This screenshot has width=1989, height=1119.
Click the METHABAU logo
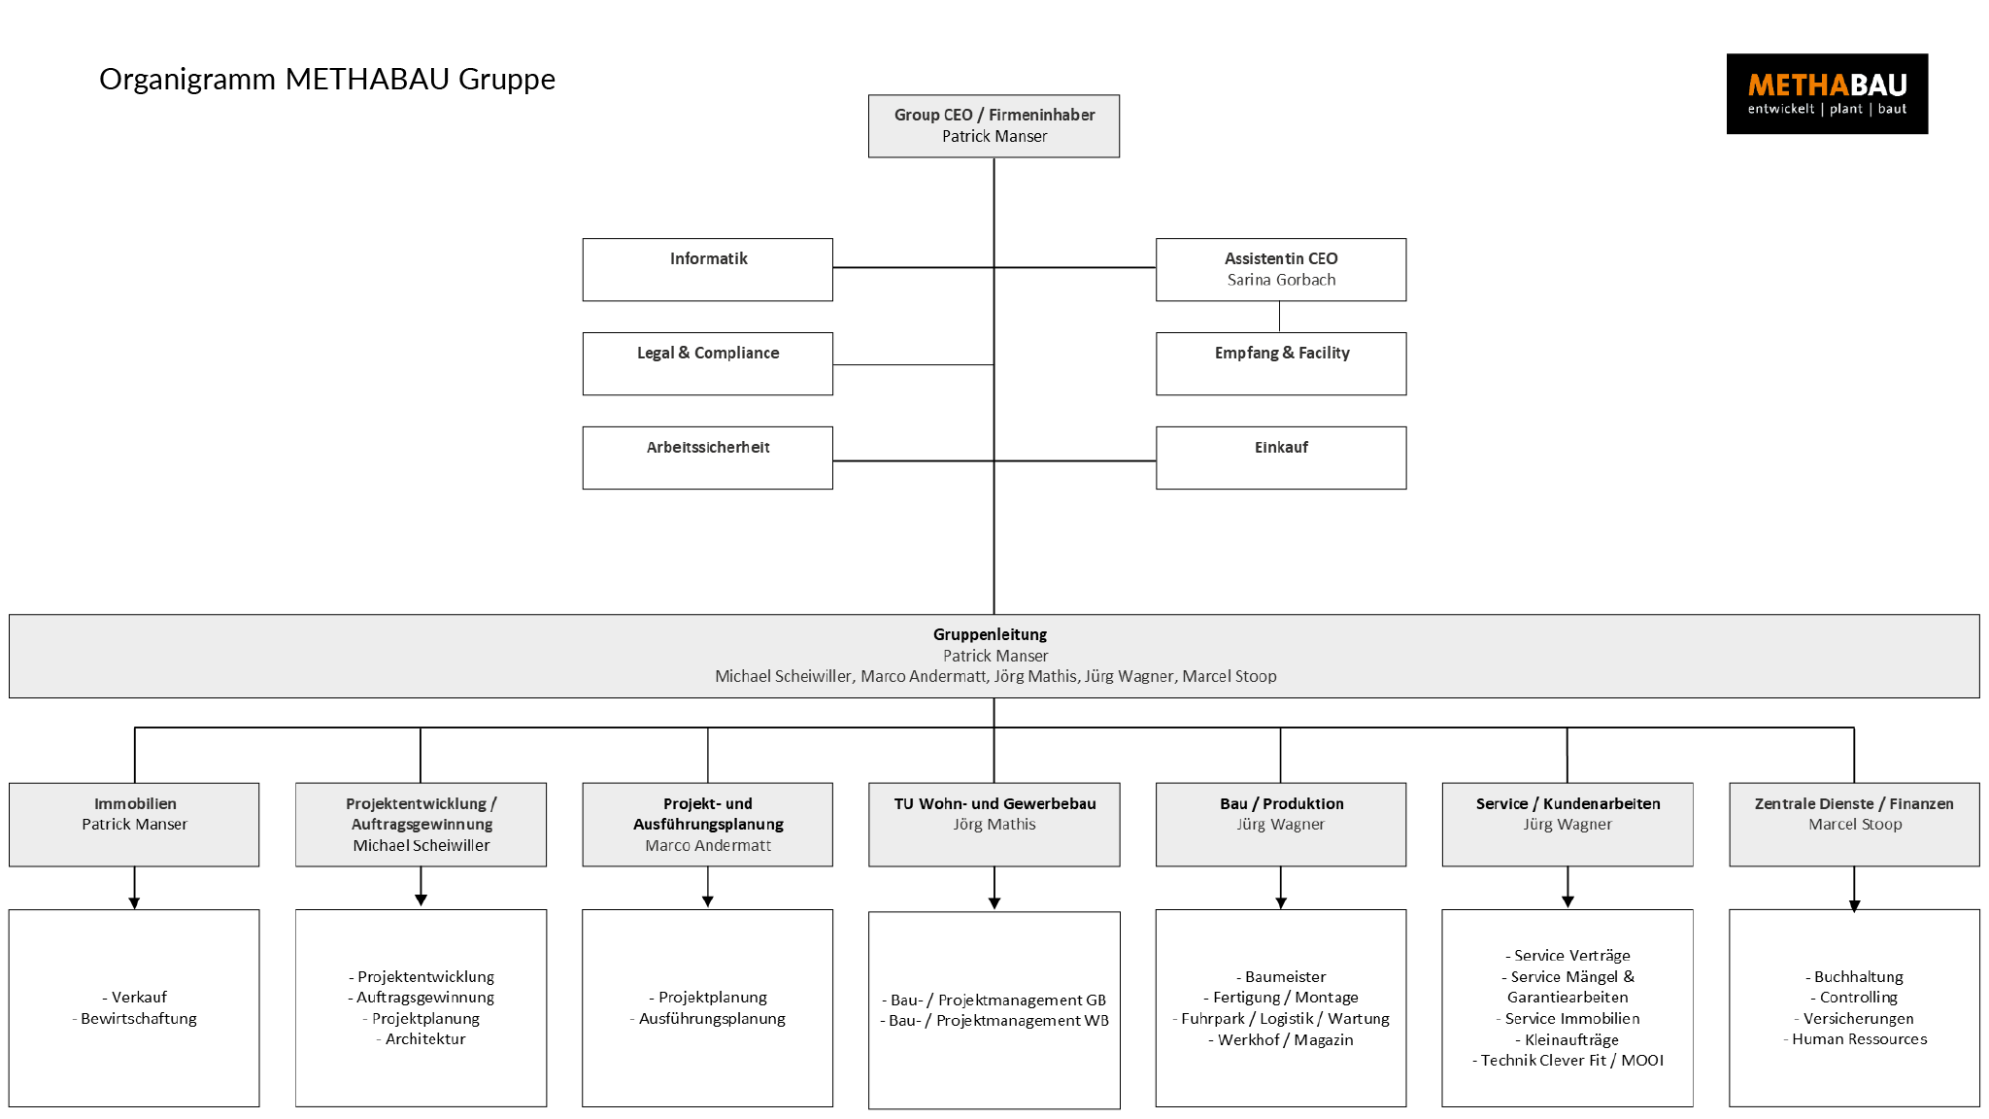click(1826, 93)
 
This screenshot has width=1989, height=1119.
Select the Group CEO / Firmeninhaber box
click(994, 125)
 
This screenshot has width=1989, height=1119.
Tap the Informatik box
click(707, 269)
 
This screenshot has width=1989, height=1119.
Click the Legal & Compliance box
click(707, 363)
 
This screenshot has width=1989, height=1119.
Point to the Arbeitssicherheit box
click(707, 458)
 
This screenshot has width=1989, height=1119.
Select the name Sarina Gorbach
click(1281, 280)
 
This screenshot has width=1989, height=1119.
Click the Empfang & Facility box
click(1281, 363)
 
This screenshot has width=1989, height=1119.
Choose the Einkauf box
click(1281, 458)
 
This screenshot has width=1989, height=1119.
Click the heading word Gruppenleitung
click(990, 634)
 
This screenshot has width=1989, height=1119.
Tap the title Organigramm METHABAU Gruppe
click(327, 79)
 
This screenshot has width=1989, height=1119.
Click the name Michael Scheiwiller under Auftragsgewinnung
click(421, 845)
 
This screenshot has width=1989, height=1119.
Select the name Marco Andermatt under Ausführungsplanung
click(708, 845)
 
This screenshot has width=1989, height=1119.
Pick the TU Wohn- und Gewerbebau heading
click(994, 803)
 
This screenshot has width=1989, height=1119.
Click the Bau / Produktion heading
click(1281, 803)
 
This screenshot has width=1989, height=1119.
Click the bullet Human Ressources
click(1858, 1038)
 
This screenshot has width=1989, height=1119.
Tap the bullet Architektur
click(424, 1038)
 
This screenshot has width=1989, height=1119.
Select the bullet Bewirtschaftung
click(138, 1018)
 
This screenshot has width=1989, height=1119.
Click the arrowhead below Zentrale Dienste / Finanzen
click(1854, 906)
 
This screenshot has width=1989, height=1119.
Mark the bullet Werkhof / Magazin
click(1284, 1039)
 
